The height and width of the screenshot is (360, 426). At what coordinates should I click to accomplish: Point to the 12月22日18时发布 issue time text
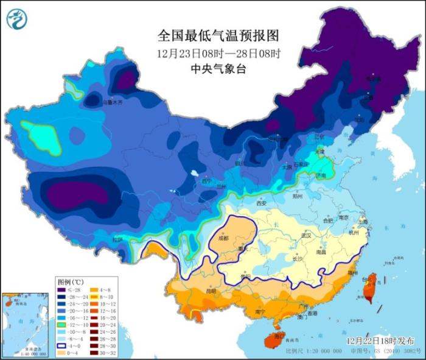pyautogui.click(x=382, y=339)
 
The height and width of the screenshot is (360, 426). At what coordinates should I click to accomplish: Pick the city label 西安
pyautogui.click(x=262, y=204)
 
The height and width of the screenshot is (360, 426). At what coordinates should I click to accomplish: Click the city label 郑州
pyautogui.click(x=298, y=197)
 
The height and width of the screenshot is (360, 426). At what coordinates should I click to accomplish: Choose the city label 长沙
pyautogui.click(x=298, y=258)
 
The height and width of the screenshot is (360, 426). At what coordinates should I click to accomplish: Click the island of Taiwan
pyautogui.click(x=369, y=288)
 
